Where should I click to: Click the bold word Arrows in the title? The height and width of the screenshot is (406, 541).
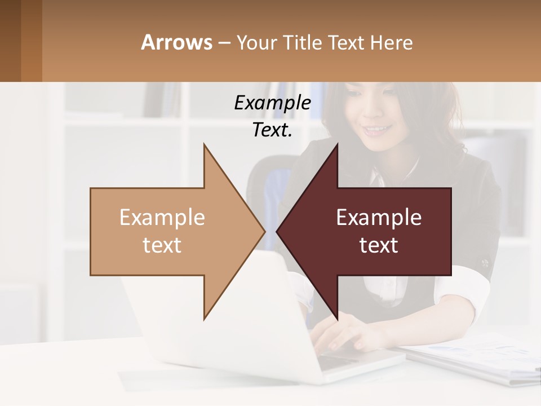click(176, 42)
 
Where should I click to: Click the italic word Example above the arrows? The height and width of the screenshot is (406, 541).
click(272, 103)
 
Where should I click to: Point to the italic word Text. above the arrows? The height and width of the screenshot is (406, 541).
click(272, 130)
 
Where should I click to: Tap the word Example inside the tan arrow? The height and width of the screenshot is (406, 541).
click(162, 218)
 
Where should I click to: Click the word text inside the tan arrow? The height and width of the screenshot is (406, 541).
click(162, 245)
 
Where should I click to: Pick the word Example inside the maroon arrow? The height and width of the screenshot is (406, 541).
click(379, 218)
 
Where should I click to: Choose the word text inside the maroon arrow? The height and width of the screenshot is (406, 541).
click(379, 245)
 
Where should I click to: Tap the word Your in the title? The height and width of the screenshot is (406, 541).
click(256, 42)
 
